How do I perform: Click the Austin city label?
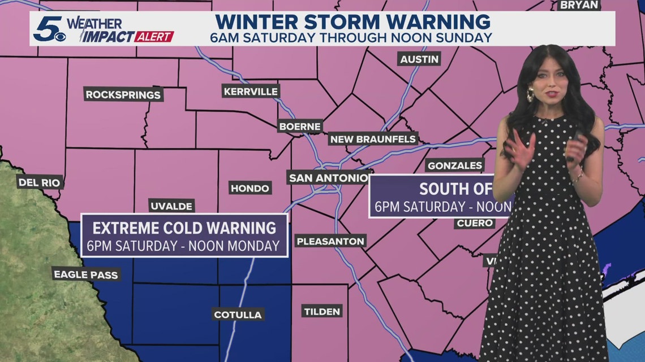pyautogui.click(x=419, y=59)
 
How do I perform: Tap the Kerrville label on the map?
pyautogui.click(x=251, y=91)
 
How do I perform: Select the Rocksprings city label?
pyautogui.click(x=123, y=94)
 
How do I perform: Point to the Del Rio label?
pyautogui.click(x=39, y=182)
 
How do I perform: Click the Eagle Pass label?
pyautogui.click(x=85, y=274)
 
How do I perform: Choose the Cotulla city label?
pyautogui.click(x=238, y=315)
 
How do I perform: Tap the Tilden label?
pyautogui.click(x=322, y=311)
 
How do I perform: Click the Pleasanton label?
pyautogui.click(x=330, y=241)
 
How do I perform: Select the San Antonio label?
pyautogui.click(x=329, y=178)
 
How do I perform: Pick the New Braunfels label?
pyautogui.click(x=373, y=139)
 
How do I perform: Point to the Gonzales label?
pyautogui.click(x=455, y=165)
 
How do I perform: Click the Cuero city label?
pyautogui.click(x=474, y=223)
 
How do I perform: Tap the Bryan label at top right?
pyautogui.click(x=578, y=5)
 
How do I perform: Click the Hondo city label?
pyautogui.click(x=250, y=188)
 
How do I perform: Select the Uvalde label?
pyautogui.click(x=171, y=206)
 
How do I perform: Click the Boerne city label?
pyautogui.click(x=300, y=127)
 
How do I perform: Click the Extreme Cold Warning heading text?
pyautogui.click(x=184, y=228)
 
